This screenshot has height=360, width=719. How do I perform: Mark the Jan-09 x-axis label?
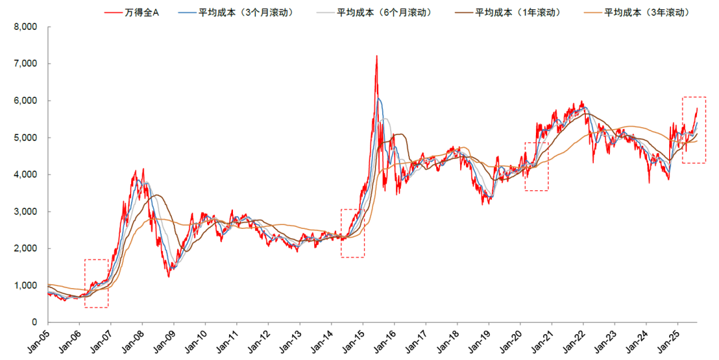(166, 339)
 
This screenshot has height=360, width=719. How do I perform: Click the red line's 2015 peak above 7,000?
(377, 57)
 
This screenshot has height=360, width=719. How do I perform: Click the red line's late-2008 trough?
(168, 275)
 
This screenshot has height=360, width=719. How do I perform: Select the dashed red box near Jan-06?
(96, 283)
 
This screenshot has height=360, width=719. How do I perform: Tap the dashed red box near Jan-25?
(694, 130)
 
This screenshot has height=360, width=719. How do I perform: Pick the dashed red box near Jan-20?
(536, 166)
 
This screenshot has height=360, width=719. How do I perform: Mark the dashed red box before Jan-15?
(352, 233)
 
